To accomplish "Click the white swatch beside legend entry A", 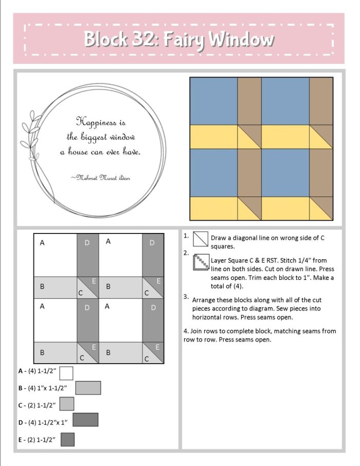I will click(x=66, y=373).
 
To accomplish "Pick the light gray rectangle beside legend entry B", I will click(x=88, y=388).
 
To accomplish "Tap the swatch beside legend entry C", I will click(x=67, y=404).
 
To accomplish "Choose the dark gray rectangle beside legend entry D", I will click(x=85, y=420).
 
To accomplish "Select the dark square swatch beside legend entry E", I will click(x=67, y=439).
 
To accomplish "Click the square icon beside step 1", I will click(x=200, y=240).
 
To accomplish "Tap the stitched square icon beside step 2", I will click(x=200, y=262).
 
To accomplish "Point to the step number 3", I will click(x=186, y=297).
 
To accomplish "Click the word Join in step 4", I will click(x=196, y=331).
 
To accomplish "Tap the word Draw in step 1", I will click(x=219, y=237).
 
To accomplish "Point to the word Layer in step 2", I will click(x=220, y=261).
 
